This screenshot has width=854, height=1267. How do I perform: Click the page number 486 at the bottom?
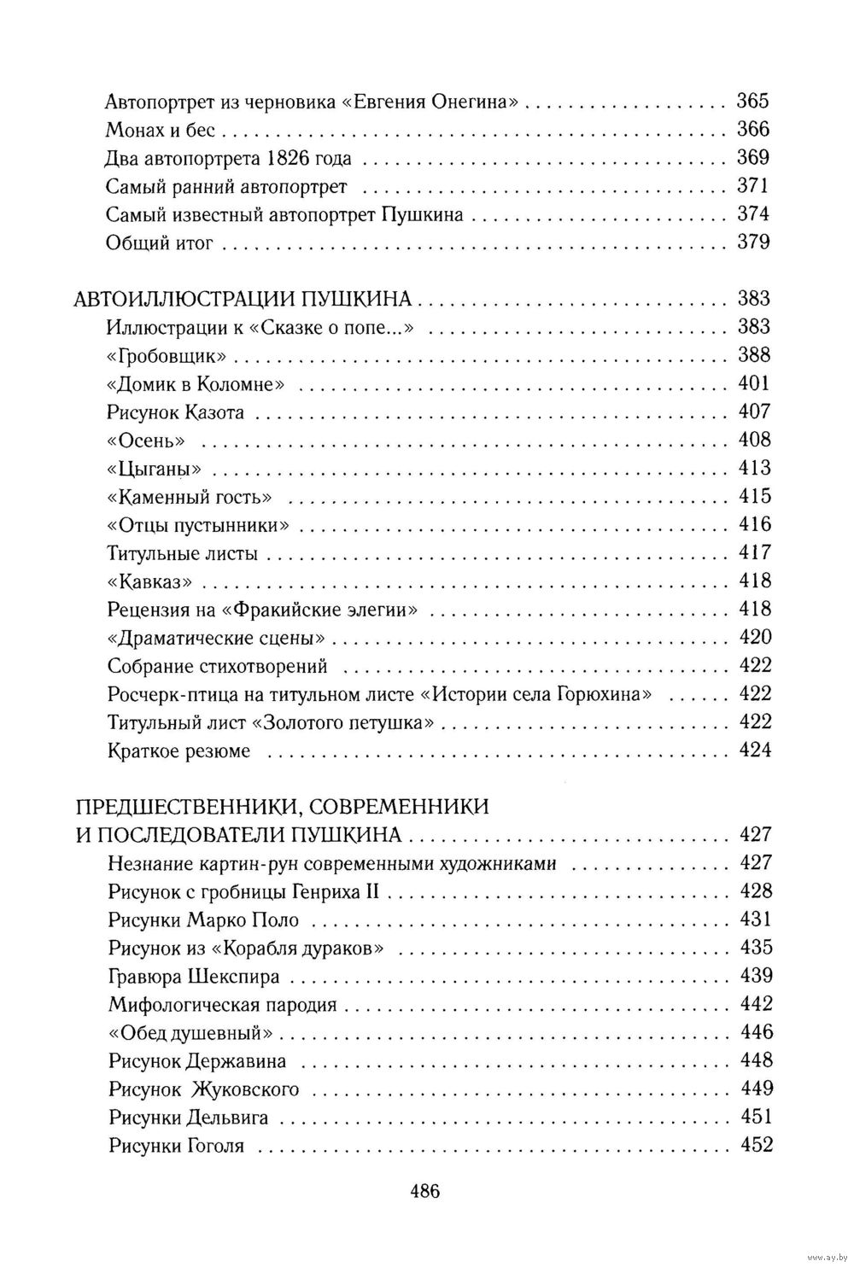tap(424, 1191)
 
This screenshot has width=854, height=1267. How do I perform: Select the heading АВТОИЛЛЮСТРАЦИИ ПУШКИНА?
tap(244, 299)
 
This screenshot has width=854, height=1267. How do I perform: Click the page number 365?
tap(752, 101)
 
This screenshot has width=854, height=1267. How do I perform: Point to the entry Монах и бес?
tap(161, 130)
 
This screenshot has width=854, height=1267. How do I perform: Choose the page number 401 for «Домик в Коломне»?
tap(753, 383)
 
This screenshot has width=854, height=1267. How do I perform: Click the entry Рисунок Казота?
tap(176, 412)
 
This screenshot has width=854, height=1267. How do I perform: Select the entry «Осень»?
tap(147, 441)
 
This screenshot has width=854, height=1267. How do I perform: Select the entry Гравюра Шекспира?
tap(194, 976)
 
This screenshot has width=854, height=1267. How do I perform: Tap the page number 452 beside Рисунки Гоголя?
tap(754, 1145)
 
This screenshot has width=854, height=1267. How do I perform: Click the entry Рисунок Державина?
tap(197, 1061)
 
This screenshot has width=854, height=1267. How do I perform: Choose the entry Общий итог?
tap(158, 242)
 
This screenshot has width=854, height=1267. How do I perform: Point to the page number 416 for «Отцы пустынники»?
tap(753, 524)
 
